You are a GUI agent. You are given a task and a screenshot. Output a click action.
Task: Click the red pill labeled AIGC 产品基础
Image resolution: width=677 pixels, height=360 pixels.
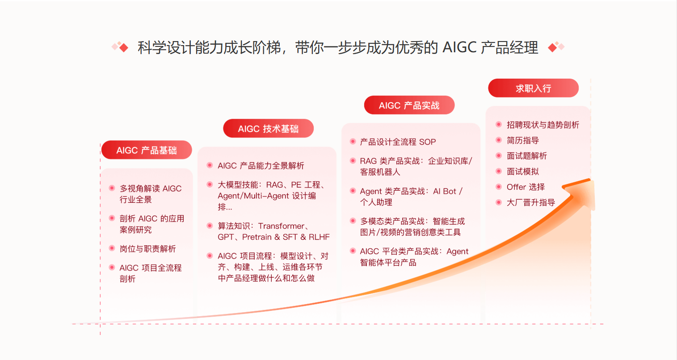tap(147, 150)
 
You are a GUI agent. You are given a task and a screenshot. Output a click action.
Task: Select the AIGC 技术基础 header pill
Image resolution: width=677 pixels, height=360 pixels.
tap(269, 128)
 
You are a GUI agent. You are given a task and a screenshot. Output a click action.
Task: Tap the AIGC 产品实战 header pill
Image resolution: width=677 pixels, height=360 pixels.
tap(409, 105)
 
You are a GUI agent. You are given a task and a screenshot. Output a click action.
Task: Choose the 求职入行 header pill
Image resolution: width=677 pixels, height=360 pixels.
tap(534, 88)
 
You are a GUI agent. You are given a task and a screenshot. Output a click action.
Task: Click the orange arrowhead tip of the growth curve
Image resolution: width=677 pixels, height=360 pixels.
tap(589, 180)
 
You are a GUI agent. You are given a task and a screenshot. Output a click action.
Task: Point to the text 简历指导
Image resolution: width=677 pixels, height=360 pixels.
tap(523, 140)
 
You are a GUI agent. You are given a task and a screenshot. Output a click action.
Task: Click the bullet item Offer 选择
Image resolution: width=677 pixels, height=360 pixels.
tap(526, 187)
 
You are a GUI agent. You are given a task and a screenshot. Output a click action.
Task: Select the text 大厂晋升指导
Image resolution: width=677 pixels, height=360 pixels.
tap(531, 202)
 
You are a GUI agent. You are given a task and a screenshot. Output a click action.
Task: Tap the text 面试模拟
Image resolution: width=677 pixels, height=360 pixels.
tap(523, 172)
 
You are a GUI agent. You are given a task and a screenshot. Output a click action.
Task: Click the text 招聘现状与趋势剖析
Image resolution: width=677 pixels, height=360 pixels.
tap(543, 125)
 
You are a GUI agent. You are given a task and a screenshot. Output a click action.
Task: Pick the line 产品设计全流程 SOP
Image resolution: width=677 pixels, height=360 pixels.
tap(398, 142)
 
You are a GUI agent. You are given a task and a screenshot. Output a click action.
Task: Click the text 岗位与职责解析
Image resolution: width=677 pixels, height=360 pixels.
tap(147, 248)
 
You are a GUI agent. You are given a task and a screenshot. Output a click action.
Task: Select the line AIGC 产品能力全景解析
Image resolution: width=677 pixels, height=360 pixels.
tap(261, 166)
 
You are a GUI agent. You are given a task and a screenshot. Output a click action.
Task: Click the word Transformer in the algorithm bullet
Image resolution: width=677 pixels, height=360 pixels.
tap(281, 226)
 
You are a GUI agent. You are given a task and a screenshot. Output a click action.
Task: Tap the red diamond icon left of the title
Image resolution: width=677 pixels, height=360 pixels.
tap(124, 47)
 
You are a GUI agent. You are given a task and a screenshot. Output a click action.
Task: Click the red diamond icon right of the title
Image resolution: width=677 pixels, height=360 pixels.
tap(552, 47)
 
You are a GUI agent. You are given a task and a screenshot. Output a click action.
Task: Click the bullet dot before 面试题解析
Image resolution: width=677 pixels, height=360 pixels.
tap(499, 155)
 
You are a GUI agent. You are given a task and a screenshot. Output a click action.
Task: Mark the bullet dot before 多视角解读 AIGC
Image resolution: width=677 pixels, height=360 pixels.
tap(112, 188)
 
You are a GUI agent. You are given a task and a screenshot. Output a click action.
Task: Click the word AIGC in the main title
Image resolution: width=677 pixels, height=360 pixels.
tap(459, 47)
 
